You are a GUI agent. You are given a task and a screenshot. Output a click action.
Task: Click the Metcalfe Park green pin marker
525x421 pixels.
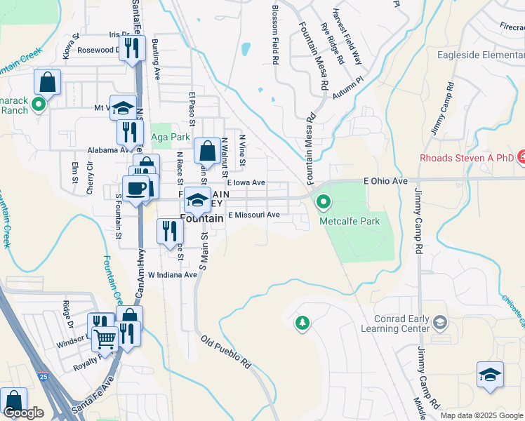pyautogui.click(x=324, y=203)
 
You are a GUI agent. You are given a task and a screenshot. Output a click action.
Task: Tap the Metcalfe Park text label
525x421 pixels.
pyautogui.click(x=350, y=221)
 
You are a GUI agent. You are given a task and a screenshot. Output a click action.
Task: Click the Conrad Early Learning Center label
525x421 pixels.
pyautogui.click(x=394, y=323)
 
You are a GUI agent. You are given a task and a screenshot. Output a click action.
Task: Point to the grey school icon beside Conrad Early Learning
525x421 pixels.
pyautogui.click(x=440, y=322)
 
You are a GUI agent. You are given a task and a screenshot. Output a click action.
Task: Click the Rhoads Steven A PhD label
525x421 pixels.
pyautogui.click(x=467, y=158)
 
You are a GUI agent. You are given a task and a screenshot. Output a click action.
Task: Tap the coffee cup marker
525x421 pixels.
pyautogui.click(x=135, y=188)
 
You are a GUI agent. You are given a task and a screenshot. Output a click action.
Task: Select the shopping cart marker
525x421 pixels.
pyautogui.click(x=105, y=340)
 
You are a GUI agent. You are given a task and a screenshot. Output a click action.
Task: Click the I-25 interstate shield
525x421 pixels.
pyautogui.click(x=44, y=377)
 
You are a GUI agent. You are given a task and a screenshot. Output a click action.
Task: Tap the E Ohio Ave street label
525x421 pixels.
pyautogui.click(x=385, y=181)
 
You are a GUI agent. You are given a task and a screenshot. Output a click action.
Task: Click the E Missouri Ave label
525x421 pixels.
pyautogui.click(x=253, y=215)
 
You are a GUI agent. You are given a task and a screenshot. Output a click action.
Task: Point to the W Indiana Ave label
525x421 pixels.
pyautogui.click(x=172, y=275)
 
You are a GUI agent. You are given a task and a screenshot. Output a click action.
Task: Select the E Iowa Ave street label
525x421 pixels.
pyautogui.click(x=245, y=182)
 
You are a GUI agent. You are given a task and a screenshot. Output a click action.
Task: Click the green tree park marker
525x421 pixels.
pyautogui.click(x=302, y=323)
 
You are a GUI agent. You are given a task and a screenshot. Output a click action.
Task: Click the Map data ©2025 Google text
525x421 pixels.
pyautogui.click(x=481, y=415)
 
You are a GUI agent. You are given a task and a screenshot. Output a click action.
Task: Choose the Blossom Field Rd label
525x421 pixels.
pyautogui.click(x=274, y=35)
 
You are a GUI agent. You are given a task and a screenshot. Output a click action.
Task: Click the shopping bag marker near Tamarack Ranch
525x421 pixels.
pyautogui.click(x=47, y=83)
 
